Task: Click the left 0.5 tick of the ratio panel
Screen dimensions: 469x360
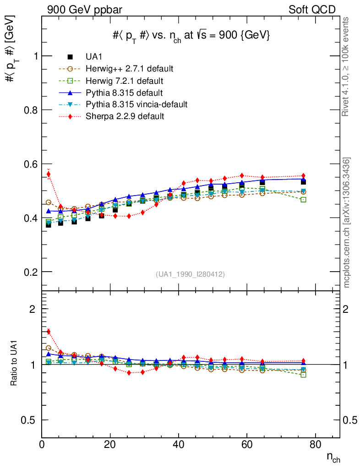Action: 31,420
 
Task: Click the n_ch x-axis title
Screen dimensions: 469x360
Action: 333,457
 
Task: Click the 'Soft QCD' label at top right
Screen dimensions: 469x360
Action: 312,10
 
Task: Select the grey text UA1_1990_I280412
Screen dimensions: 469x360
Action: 191,274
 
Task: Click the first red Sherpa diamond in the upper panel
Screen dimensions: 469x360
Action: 49,174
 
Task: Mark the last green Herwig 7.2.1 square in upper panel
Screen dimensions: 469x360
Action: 303,200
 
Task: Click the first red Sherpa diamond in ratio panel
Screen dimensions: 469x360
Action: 49,332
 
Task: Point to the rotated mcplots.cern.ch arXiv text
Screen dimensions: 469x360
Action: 347,223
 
